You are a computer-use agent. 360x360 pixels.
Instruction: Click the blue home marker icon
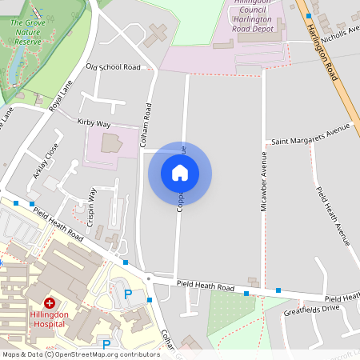[x=180, y=173]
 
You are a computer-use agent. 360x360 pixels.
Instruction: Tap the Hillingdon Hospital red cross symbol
[x=49, y=303]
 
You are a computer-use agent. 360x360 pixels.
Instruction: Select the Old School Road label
[x=113, y=67]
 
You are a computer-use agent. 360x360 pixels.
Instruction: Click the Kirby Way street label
[x=94, y=123]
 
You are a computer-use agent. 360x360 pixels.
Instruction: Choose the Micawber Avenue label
[x=263, y=182]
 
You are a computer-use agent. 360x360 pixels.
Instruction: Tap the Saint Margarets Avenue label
[x=311, y=134]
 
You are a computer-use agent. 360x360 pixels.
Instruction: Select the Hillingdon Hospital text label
[x=50, y=318]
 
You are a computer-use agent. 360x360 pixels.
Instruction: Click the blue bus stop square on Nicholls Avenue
[x=309, y=15]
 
